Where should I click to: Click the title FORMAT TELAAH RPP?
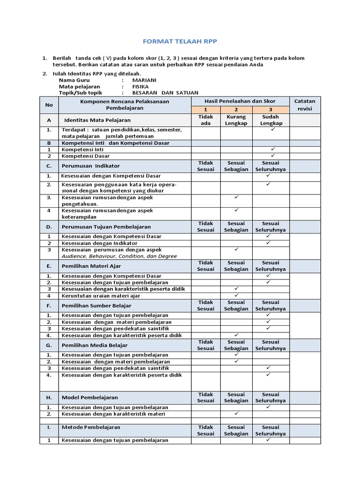(180, 41)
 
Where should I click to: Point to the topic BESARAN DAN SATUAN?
(159, 93)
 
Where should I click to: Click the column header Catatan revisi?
(304, 105)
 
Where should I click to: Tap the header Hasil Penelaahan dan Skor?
(240, 101)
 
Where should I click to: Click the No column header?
(49, 105)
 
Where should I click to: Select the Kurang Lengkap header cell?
(236, 120)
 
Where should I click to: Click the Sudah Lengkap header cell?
(270, 120)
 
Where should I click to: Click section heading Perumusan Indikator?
(90, 166)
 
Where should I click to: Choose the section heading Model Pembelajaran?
(90, 397)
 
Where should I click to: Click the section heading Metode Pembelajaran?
(91, 427)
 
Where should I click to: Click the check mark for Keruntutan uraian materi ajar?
(236, 295)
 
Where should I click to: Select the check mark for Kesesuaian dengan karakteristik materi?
(236, 414)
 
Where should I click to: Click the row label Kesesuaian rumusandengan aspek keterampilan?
(107, 214)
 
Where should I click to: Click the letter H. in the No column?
(49, 397)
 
